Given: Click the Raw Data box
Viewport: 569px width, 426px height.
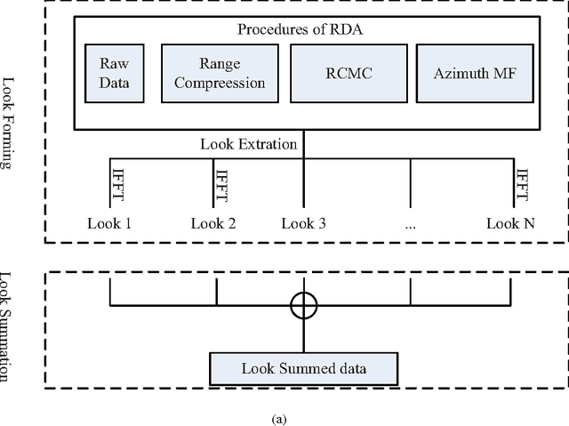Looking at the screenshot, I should [112, 75].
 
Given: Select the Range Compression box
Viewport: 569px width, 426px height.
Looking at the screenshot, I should [220, 75].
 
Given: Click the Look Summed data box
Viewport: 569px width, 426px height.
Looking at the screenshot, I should [302, 367].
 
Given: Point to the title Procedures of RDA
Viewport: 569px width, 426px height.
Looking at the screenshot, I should [301, 28].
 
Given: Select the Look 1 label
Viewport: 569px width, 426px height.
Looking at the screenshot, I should [109, 223].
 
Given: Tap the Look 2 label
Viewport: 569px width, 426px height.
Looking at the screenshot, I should [213, 223].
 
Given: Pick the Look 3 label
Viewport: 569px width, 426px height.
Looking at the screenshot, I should [303, 223].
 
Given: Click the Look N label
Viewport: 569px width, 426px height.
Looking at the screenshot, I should [510, 223].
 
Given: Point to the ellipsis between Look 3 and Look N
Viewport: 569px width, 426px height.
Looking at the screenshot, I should [410, 224].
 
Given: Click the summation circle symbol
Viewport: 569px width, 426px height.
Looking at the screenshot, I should [303, 306].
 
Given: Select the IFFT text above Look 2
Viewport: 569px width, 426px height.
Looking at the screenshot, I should [222, 182].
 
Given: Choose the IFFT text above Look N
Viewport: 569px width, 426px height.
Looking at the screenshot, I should [523, 182].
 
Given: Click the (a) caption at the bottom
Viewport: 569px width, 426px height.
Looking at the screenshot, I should [283, 417].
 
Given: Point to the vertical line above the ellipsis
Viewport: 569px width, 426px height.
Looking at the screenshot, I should [410, 182].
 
